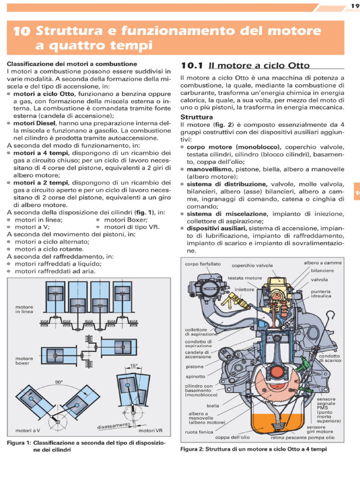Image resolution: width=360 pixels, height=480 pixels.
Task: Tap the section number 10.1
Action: coord(191,66)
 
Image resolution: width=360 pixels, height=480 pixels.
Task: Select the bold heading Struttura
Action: coord(197,116)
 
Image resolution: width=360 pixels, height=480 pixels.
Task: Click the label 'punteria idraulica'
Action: coord(321,293)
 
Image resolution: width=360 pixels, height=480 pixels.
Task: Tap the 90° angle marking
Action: coord(59,382)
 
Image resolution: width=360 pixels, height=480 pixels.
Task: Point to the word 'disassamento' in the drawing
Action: coord(113,426)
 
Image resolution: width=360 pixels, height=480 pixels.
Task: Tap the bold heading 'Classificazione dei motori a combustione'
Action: coord(72,63)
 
